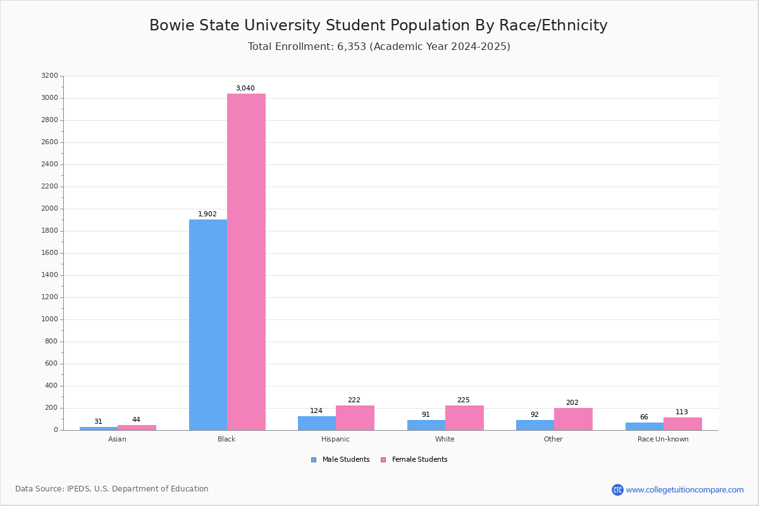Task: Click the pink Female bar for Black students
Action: click(x=246, y=262)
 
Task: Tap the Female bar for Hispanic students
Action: click(x=355, y=417)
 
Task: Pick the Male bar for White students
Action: click(x=426, y=425)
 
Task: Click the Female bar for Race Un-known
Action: click(x=682, y=424)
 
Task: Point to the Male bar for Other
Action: click(x=535, y=425)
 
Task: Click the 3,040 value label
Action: click(x=245, y=89)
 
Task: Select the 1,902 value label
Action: click(x=207, y=214)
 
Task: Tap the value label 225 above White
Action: click(x=464, y=400)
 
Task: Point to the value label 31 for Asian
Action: click(x=98, y=422)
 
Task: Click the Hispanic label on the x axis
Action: click(x=335, y=439)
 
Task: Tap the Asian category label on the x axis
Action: click(x=117, y=439)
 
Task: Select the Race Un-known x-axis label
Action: click(x=663, y=439)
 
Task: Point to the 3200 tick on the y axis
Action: click(x=49, y=76)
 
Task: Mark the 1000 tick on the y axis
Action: click(x=49, y=319)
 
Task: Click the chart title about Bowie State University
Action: click(x=378, y=26)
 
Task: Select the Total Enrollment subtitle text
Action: click(x=379, y=47)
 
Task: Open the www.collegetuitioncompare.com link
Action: click(x=684, y=490)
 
